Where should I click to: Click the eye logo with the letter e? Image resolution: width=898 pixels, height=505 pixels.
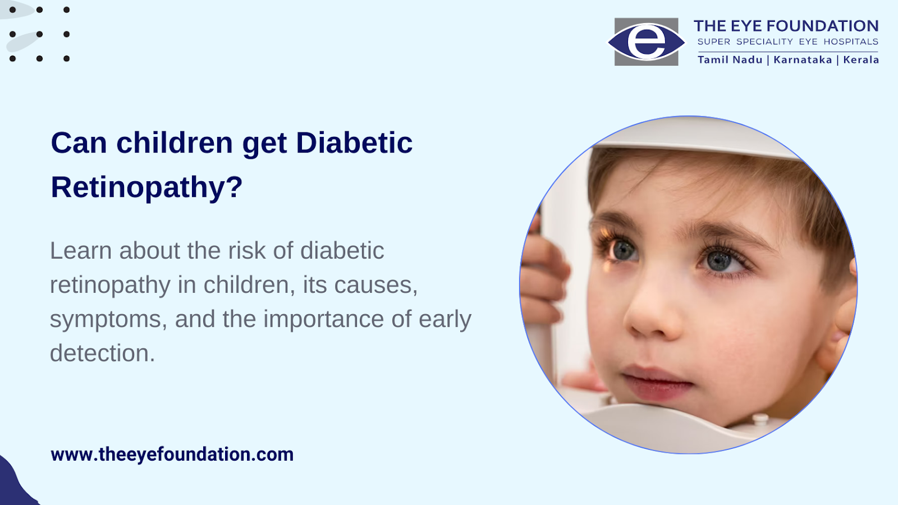(x=646, y=42)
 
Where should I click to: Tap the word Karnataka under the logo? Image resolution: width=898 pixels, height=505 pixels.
(x=803, y=59)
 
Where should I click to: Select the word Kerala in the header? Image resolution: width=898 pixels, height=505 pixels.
(x=861, y=59)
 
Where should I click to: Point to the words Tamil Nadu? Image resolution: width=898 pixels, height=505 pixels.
(x=730, y=59)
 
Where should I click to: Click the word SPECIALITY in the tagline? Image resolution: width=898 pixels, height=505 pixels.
(x=765, y=42)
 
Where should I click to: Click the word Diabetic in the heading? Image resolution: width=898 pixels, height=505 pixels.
(x=354, y=143)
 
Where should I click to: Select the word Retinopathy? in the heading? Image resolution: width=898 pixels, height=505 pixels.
(x=146, y=187)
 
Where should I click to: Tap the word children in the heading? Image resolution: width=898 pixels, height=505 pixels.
(x=175, y=143)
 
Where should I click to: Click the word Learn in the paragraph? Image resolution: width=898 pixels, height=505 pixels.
(x=81, y=251)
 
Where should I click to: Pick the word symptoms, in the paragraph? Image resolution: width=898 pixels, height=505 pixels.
(x=109, y=320)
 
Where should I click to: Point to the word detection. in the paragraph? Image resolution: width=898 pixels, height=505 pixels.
(x=102, y=353)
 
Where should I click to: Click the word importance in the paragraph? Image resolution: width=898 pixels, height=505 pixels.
(x=324, y=319)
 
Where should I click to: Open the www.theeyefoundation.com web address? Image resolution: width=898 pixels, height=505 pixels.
(x=172, y=454)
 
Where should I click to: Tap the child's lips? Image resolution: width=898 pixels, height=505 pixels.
(x=657, y=382)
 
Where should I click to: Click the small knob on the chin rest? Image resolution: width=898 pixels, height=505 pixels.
(x=760, y=419)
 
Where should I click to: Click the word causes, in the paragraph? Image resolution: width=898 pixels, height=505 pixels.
(x=375, y=286)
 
